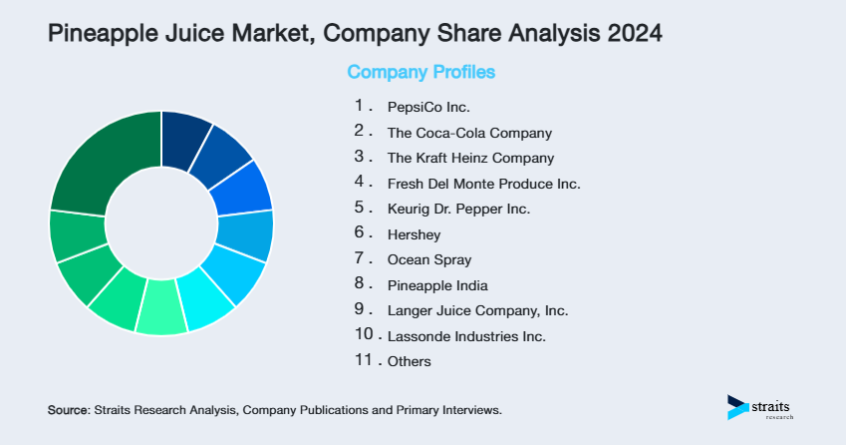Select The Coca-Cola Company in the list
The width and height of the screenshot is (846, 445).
469,132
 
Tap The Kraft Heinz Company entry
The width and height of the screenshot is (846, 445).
470,158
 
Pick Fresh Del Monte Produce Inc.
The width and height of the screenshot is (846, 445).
483,184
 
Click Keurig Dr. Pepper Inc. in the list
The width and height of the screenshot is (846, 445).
458,209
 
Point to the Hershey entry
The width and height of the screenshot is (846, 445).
414,234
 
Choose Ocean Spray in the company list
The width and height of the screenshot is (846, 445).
429,259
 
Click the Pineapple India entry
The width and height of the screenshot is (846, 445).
437,285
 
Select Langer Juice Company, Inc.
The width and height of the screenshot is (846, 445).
477,310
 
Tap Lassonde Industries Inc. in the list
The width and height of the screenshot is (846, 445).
466,336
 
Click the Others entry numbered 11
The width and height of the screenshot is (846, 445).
410,361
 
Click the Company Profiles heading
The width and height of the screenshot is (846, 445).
421,72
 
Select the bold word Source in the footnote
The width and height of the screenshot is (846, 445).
68,410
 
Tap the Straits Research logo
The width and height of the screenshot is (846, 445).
763,407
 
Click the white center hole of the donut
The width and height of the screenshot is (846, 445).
161,222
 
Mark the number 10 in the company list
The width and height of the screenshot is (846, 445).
364,335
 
